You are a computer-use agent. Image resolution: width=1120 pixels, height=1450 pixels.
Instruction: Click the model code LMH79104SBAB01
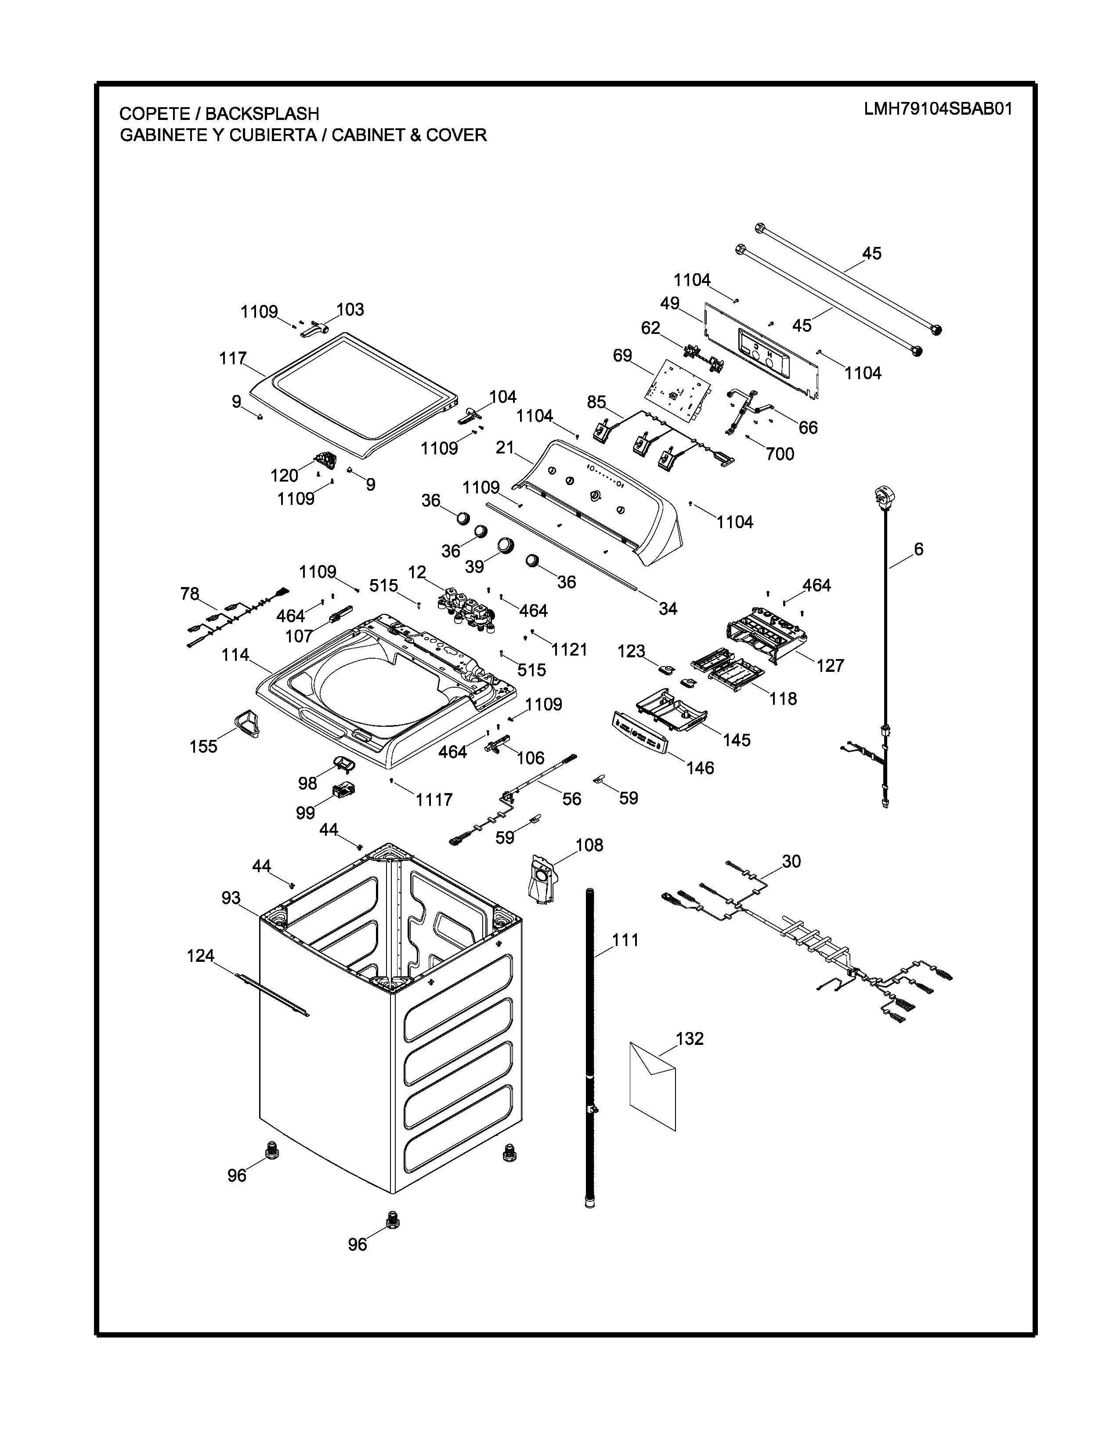[938, 109]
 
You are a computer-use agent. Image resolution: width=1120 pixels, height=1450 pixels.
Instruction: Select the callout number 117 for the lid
[233, 359]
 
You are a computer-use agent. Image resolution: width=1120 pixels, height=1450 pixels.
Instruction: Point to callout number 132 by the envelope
[690, 1038]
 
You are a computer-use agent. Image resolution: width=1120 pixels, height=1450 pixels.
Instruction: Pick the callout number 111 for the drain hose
[625, 940]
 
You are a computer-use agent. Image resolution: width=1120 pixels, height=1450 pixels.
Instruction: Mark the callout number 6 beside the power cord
[918, 549]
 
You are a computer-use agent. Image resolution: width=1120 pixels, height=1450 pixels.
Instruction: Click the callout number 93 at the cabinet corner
[231, 898]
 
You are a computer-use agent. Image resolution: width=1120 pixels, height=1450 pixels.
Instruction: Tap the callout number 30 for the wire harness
[791, 861]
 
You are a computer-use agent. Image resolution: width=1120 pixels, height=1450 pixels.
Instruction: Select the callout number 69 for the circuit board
[622, 355]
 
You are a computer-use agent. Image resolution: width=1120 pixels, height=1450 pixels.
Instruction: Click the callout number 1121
[569, 649]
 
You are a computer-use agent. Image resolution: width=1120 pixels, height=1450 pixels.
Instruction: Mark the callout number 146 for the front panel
[700, 768]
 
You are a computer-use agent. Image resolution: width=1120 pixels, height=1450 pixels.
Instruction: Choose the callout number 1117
[434, 799]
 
